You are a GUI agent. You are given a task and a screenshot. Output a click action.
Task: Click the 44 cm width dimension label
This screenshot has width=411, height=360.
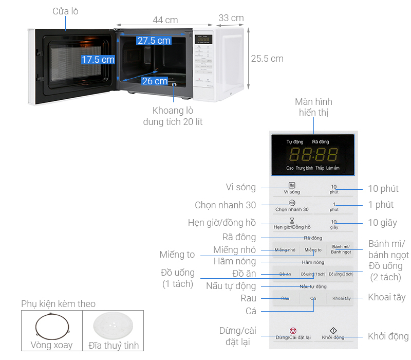click(x=165, y=20)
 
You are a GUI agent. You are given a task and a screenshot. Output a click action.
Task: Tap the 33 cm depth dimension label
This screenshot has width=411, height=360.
click(x=231, y=18)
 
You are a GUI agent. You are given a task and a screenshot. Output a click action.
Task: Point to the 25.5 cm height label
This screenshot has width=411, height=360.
click(x=267, y=59)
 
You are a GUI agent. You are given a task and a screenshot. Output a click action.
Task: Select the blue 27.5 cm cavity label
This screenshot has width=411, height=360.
click(x=154, y=41)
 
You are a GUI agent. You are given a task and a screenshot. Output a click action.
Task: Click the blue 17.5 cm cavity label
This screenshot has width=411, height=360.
click(x=98, y=60)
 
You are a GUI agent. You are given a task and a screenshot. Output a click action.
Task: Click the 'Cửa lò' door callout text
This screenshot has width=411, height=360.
click(x=65, y=11)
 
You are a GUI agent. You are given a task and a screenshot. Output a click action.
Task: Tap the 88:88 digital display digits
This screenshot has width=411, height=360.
click(x=313, y=154)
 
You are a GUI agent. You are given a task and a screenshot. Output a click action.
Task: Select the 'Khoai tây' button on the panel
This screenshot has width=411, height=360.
click(x=341, y=298)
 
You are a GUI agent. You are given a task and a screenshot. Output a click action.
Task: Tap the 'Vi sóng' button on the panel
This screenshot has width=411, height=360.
click(x=291, y=188)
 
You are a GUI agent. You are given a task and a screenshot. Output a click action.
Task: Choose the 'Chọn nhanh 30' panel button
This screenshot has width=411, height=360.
click(x=292, y=206)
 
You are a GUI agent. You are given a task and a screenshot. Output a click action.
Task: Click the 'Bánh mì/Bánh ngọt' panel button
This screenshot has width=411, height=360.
click(x=341, y=249)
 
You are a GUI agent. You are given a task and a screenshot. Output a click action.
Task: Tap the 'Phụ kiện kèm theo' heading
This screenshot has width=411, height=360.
click(x=58, y=304)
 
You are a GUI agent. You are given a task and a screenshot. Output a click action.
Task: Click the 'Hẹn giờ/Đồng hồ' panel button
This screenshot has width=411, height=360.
click(x=292, y=224)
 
